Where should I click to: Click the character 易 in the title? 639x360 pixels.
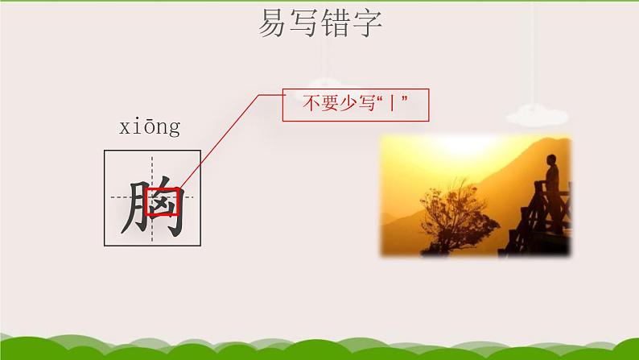pyautogui.click(x=273, y=24)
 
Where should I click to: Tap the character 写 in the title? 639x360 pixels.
pyautogui.click(x=305, y=24)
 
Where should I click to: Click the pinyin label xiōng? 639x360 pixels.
pyautogui.click(x=149, y=127)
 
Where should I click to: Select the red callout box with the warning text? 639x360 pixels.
pyautogui.click(x=355, y=105)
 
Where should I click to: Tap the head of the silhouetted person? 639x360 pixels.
pyautogui.click(x=552, y=159)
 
